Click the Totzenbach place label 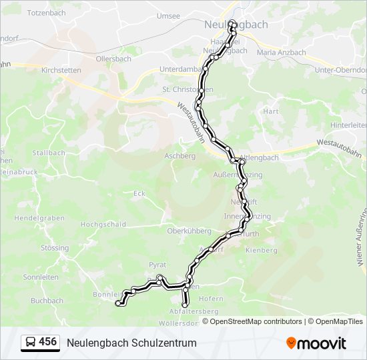pyautogui.click(x=46, y=13)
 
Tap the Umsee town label pyautogui.click(x=167, y=15)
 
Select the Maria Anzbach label pyautogui.click(x=281, y=53)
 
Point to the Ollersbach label pyautogui.click(x=114, y=59)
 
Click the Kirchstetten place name pyautogui.click(x=61, y=70)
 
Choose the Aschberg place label pyautogui.click(x=179, y=156)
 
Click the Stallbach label pyautogui.click(x=49, y=153)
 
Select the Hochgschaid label pyautogui.click(x=103, y=225)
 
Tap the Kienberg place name pyautogui.click(x=262, y=250)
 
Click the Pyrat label pyautogui.click(x=157, y=265)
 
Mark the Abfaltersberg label pyautogui.click(x=194, y=311)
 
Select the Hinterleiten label pyautogui.click(x=349, y=125)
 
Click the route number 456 pyautogui.click(x=48, y=342)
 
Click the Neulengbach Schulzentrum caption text pyautogui.click(x=131, y=343)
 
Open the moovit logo pyautogui.click(x=316, y=343)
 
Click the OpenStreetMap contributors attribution pyautogui.click(x=256, y=321)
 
